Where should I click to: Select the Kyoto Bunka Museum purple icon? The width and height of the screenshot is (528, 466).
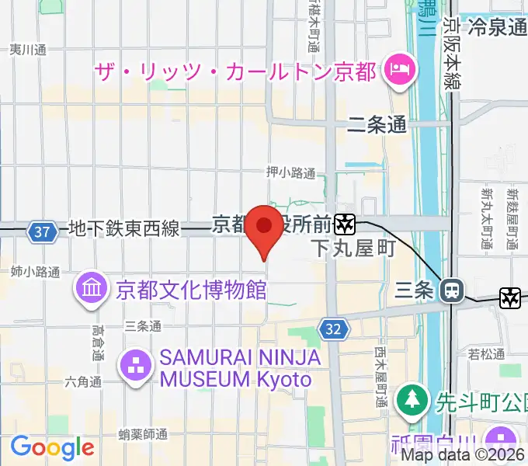(92, 290)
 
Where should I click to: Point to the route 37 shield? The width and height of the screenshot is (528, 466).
(42, 231)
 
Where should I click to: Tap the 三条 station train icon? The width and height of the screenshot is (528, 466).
(451, 291)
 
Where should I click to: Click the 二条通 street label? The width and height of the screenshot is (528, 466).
(377, 123)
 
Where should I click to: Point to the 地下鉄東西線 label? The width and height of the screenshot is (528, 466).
(124, 229)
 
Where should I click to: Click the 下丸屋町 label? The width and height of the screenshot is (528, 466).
(353, 249)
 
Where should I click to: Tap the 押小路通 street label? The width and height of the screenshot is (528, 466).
(291, 173)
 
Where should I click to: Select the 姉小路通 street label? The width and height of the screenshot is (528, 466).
(36, 272)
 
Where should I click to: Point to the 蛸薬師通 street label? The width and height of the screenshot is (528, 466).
(144, 433)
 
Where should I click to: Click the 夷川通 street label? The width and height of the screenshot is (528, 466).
(28, 50)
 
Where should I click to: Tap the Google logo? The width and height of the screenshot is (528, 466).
(52, 447)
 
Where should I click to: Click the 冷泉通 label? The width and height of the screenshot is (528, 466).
(498, 27)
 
